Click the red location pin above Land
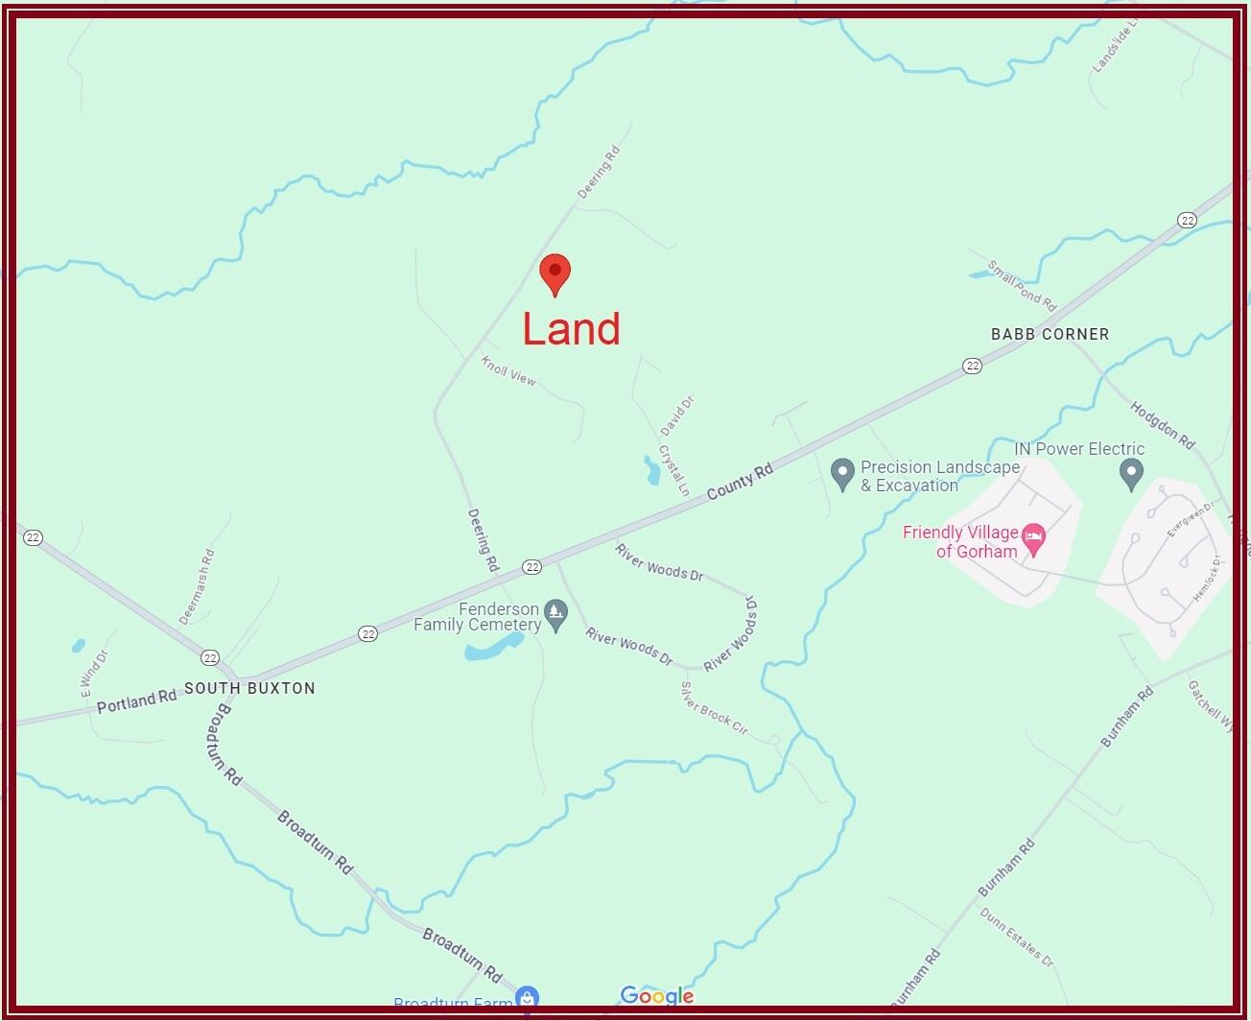(x=555, y=273)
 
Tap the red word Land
(x=572, y=329)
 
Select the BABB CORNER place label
(x=1050, y=334)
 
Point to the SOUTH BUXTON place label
(x=249, y=688)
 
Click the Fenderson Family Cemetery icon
(x=555, y=612)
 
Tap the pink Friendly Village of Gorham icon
(x=1033, y=538)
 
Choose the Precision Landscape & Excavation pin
(x=842, y=473)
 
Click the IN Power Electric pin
(x=1131, y=471)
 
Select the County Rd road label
(x=740, y=482)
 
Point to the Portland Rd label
(x=136, y=701)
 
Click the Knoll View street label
(x=508, y=371)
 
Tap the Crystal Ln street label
(x=673, y=470)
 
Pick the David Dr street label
(x=677, y=416)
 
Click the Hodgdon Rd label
(x=1162, y=425)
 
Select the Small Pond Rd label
(x=1022, y=286)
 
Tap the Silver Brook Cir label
(x=714, y=708)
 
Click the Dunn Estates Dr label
(x=1016, y=937)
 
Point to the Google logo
(x=657, y=996)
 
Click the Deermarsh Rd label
(x=197, y=586)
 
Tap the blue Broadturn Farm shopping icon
(x=527, y=999)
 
